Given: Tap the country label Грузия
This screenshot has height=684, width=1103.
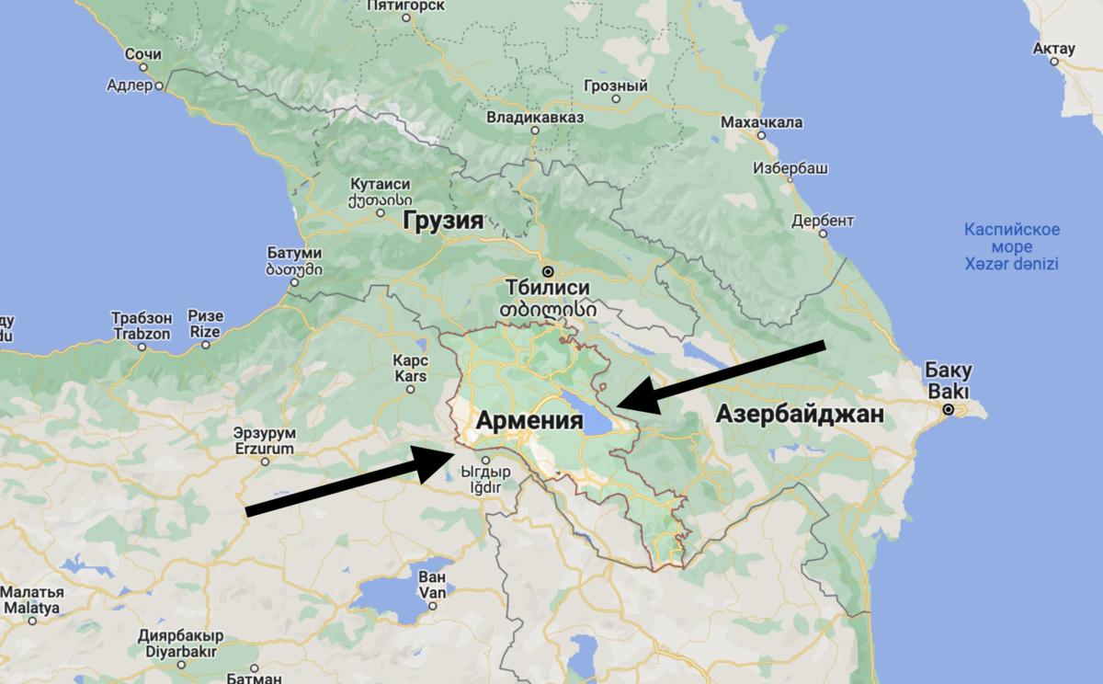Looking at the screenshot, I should pyautogui.click(x=441, y=221).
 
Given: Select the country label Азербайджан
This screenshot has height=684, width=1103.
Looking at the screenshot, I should pyautogui.click(x=800, y=414).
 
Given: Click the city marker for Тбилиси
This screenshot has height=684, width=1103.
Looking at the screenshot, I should pyautogui.click(x=548, y=272).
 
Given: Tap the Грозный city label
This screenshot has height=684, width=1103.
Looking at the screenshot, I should pyautogui.click(x=616, y=86).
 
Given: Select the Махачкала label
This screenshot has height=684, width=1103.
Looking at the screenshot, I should pyautogui.click(x=762, y=122).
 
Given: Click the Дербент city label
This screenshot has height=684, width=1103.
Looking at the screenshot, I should pyautogui.click(x=823, y=221).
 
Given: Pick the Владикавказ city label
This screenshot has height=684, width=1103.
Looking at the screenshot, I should pyautogui.click(x=535, y=117).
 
